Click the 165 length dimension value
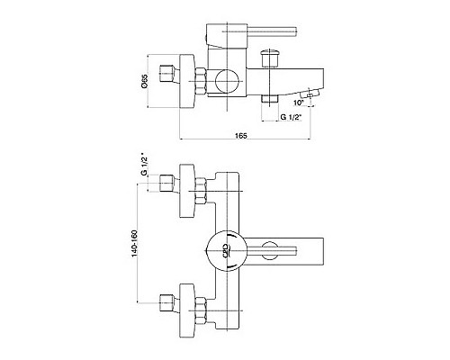tap(241, 136)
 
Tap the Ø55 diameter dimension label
tap(145, 81)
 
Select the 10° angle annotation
tap(299, 103)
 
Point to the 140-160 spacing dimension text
tap(134, 243)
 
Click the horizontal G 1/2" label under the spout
tap(291, 117)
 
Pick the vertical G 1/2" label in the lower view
tap(145, 166)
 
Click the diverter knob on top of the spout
tap(271, 58)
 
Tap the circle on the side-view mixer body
tap(227, 81)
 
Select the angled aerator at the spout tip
tap(310, 94)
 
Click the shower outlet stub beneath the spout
tap(270, 99)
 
